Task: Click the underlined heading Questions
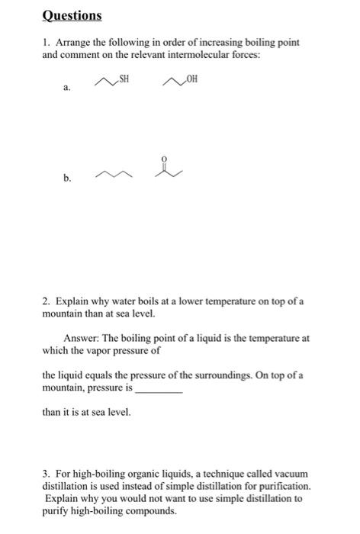(71, 15)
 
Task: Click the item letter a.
(66, 88)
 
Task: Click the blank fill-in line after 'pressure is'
(158, 388)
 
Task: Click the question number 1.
(46, 42)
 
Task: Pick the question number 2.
(46, 302)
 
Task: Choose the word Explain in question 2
(71, 302)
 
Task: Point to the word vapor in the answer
(108, 349)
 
